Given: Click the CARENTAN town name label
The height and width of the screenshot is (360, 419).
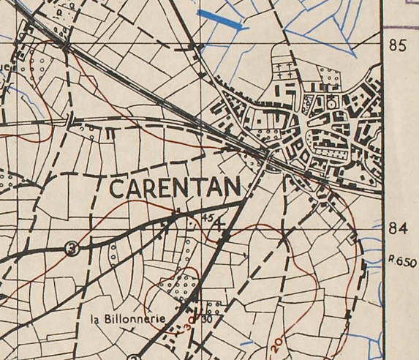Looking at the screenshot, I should (x=174, y=188).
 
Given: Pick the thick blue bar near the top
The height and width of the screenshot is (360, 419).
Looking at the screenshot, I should (x=220, y=20).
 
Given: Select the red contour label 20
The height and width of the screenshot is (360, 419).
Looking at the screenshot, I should (x=276, y=341).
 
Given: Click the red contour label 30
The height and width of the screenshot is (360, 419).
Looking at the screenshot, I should (x=190, y=323).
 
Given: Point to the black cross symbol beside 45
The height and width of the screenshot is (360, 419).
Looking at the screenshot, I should (x=219, y=224).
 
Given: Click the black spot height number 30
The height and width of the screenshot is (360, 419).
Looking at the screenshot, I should (x=208, y=318).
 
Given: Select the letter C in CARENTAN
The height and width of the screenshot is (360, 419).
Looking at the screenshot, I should (x=117, y=188).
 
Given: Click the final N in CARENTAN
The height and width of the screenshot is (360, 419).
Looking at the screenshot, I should (x=230, y=188).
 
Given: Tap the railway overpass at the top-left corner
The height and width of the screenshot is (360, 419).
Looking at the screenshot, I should (x=67, y=46).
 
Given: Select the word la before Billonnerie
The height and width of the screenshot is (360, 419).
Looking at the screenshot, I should (x=95, y=319).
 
